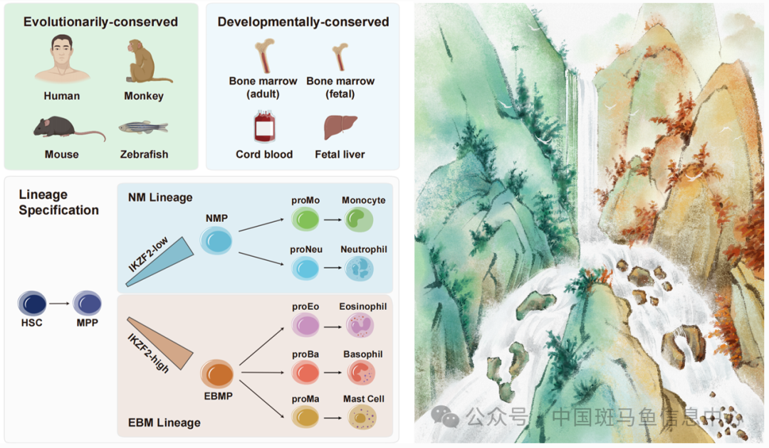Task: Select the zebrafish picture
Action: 144,128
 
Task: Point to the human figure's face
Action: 62,52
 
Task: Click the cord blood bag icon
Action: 264,129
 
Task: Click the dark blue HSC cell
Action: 32,304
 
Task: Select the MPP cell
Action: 87,304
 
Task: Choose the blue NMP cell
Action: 216,242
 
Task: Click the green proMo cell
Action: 305,220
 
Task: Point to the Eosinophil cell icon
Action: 360,325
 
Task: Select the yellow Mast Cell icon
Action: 362,417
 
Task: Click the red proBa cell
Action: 305,372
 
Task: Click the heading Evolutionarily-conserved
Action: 100,22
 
